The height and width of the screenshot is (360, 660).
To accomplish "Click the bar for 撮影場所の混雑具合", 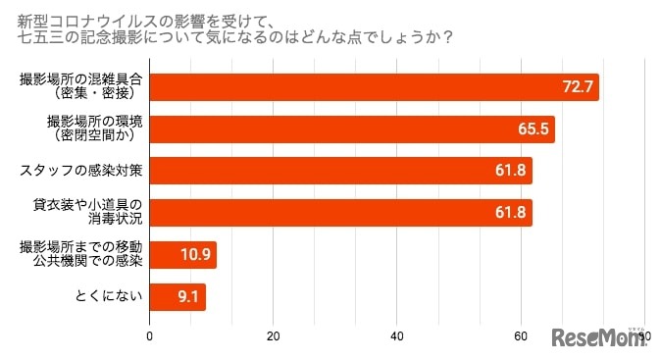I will [373, 87].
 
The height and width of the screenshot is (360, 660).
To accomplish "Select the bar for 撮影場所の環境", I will [351, 129].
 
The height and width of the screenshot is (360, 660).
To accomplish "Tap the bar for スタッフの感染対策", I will [339, 171].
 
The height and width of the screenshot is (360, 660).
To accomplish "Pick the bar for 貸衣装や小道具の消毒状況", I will [339, 212].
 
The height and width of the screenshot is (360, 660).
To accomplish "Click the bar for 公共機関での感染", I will [182, 254].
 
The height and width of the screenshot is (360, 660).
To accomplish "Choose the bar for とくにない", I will [177, 295].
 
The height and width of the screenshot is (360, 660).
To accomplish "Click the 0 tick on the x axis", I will [149, 336].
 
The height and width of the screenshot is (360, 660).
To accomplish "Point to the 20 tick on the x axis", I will [273, 336].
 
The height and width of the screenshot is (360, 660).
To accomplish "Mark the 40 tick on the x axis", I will [396, 336].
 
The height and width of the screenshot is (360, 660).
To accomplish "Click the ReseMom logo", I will [596, 338].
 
